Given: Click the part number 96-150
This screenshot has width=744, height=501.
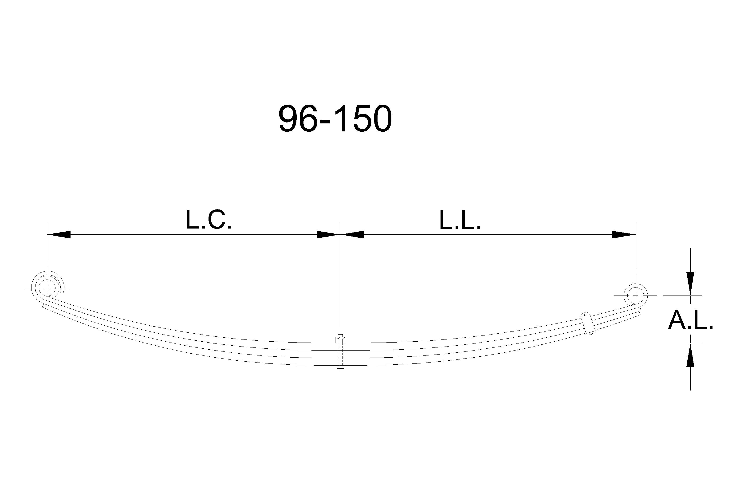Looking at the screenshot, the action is coord(335,118).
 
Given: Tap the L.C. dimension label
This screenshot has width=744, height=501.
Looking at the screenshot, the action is coord(209,220).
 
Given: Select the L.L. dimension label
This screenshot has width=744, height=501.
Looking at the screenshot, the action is coord(460,220).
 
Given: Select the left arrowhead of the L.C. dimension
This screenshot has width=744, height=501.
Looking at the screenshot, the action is coord(59,235).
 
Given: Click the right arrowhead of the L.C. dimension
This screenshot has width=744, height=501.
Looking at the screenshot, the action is coord(328,235).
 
